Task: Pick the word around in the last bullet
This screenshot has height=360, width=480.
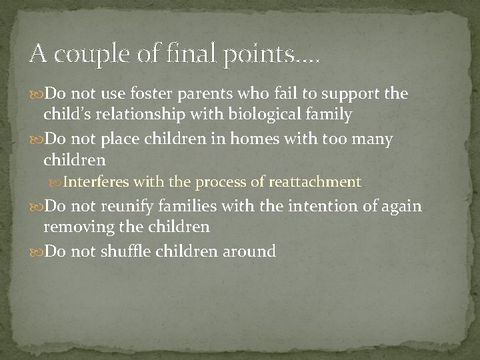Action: point(250,251)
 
